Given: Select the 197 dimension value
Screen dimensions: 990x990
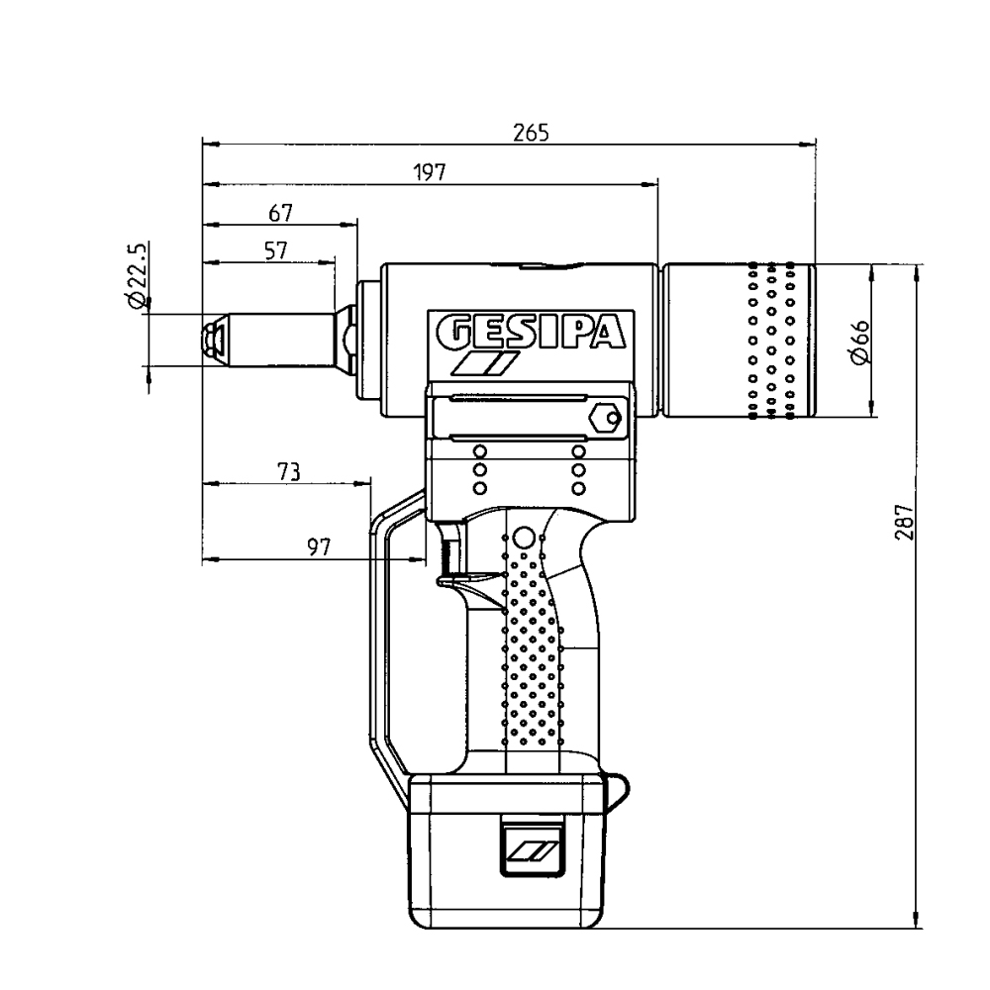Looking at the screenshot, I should coord(430,172).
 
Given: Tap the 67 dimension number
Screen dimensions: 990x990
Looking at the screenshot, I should coord(280,213).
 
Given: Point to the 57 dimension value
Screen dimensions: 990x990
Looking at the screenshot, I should coord(276,250).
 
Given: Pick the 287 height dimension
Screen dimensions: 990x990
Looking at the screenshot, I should coord(904,519).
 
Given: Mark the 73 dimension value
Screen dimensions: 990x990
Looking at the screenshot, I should coord(288,471).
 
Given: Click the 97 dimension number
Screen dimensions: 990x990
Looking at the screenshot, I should coord(318,548).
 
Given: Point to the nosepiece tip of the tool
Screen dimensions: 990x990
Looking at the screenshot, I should coord(212,340).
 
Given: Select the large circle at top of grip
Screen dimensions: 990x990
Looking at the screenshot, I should coord(525,539).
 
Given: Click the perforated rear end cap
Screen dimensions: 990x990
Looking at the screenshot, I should coord(741,341).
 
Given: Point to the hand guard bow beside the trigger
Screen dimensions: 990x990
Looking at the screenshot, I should coord(380,634).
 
